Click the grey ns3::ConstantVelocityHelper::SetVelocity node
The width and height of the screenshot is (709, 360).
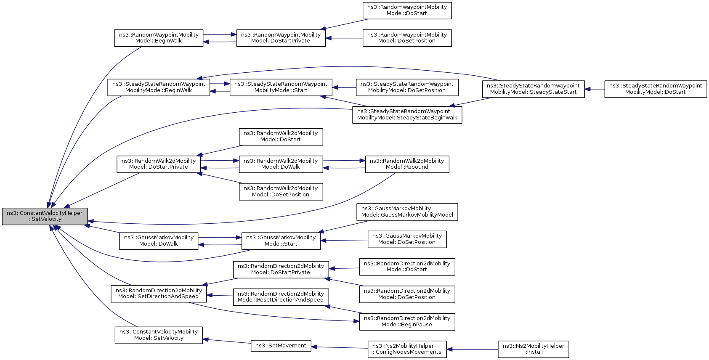pos(45,217)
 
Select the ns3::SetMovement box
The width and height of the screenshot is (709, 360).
pos(281,346)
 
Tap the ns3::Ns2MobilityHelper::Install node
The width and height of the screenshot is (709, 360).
pos(534,349)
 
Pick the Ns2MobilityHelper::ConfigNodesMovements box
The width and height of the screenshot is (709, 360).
pos(407,349)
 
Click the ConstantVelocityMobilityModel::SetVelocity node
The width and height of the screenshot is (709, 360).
pos(159,335)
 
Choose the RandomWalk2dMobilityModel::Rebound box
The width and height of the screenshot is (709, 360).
pos(407,164)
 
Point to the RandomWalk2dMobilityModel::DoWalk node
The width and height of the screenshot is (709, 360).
pos(281,164)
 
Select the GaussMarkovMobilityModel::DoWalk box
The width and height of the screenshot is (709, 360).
pos(159,241)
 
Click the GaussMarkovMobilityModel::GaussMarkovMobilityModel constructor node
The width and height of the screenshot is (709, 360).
pos(407,212)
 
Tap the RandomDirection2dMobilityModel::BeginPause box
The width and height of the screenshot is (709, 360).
pos(407,322)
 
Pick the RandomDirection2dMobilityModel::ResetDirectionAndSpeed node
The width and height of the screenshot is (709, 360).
pos(281,297)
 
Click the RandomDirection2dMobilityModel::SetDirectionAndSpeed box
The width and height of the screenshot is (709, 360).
pos(159,294)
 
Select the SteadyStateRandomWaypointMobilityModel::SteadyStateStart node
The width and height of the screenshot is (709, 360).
pos(534,89)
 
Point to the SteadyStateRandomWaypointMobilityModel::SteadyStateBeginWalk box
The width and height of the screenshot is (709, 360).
pos(407,115)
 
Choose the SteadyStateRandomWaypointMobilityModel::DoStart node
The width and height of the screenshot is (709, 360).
pos(656,89)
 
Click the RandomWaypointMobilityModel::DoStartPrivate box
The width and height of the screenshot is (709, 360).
pos(281,38)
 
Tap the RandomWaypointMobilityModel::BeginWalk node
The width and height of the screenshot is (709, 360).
pos(159,38)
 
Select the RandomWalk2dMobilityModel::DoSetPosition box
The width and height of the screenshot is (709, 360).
pos(281,192)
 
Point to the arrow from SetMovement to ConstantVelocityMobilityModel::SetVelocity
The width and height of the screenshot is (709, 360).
pos(227,341)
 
